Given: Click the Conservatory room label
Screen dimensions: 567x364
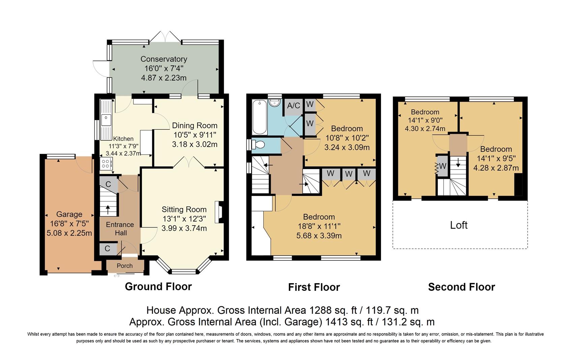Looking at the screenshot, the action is click(x=164, y=59).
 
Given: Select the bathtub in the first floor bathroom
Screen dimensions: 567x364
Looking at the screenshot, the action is click(x=260, y=117).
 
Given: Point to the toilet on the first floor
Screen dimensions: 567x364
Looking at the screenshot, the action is click(x=258, y=145).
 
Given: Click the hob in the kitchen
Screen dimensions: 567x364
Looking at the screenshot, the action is click(x=106, y=163).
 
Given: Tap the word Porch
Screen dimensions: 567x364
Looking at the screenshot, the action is click(x=124, y=266).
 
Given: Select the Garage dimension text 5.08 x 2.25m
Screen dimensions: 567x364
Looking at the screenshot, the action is click(x=69, y=233).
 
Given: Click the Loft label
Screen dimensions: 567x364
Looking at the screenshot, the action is click(x=459, y=225).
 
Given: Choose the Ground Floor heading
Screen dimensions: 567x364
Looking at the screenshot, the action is click(x=158, y=286).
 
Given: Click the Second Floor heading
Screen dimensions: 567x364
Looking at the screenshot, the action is click(x=461, y=287).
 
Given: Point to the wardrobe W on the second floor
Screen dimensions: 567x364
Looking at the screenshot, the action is click(x=443, y=166).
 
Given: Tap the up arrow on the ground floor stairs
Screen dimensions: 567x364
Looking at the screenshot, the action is click(x=108, y=210).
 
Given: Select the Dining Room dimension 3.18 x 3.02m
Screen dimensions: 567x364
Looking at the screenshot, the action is click(x=195, y=144).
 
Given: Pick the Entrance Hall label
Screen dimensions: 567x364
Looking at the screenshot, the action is click(x=120, y=229).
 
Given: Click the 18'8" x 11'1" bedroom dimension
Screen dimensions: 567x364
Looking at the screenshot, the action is click(x=319, y=226).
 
